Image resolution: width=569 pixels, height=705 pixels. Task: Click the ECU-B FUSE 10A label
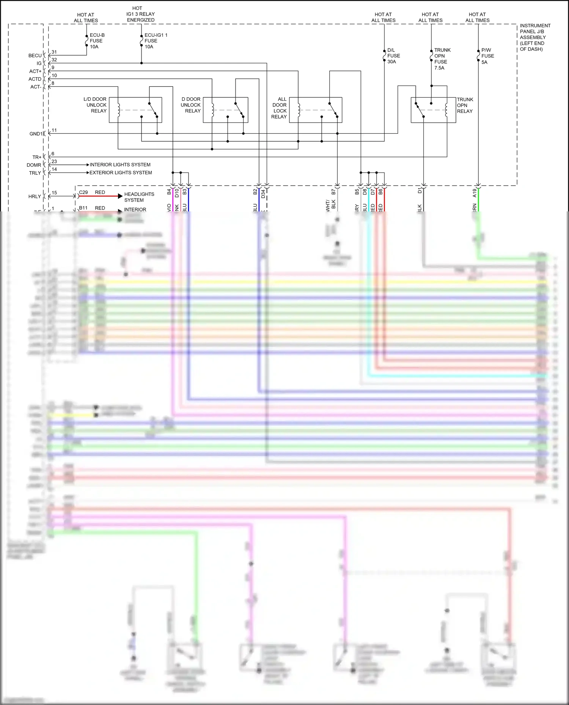pos(97,41)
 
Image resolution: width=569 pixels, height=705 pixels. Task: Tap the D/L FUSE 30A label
pos(393,56)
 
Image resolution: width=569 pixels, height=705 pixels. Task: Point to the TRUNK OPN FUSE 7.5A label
pos(442,59)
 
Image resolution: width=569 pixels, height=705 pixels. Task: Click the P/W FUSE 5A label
pos(487,56)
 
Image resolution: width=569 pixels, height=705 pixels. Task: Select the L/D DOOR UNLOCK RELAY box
pos(135,110)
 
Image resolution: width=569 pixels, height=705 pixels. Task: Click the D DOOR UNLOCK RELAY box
pos(225,110)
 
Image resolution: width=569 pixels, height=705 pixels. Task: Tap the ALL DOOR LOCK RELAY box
pos(315,110)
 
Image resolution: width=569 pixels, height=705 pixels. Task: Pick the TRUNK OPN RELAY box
pos(433,110)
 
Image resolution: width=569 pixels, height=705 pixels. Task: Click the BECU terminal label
pos(35,56)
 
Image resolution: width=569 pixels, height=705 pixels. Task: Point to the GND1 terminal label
pos(36,134)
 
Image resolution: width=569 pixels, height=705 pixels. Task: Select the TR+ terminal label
pos(37,157)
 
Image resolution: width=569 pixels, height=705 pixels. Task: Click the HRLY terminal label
pos(35,197)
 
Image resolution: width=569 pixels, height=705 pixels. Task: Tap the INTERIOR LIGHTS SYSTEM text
pos(120,165)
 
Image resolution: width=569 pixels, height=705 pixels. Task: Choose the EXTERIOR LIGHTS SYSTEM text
pos(121,173)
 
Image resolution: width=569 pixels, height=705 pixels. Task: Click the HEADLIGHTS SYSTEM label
pos(139,197)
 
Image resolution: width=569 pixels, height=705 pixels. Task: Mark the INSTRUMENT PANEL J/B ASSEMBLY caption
pos(534,37)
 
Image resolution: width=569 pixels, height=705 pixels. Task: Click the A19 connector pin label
pos(474,193)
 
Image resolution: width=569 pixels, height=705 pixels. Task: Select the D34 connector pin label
pos(263,194)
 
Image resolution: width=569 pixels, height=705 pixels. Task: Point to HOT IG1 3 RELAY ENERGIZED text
pos(140,14)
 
